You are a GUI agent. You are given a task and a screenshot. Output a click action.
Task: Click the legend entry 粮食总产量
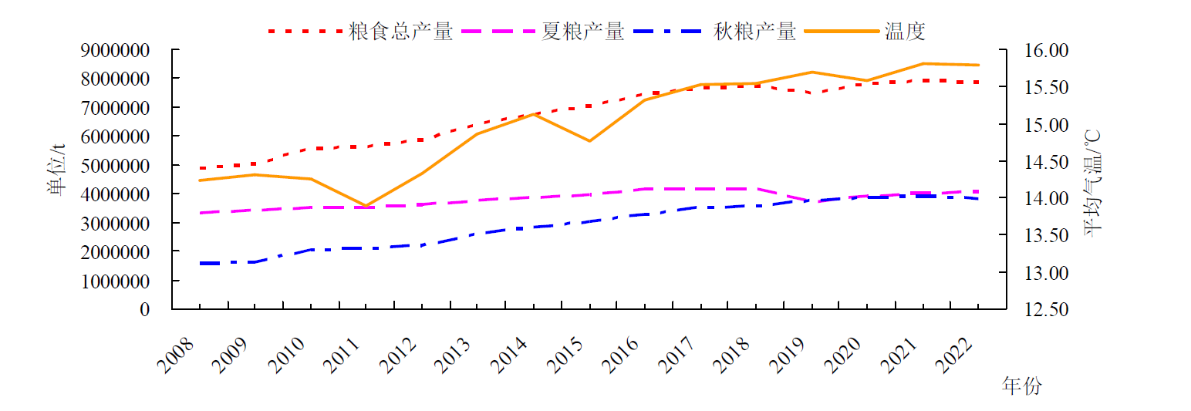click(400, 32)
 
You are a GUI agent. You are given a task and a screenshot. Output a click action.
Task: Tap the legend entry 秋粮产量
click(754, 32)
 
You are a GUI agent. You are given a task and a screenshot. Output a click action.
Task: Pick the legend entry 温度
click(906, 32)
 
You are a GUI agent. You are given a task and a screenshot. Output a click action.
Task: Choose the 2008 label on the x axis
click(175, 355)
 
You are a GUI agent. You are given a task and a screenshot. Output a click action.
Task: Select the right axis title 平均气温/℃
click(1094, 182)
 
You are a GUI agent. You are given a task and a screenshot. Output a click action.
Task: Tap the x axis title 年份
click(1021, 386)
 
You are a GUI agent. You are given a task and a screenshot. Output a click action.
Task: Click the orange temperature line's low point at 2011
click(366, 206)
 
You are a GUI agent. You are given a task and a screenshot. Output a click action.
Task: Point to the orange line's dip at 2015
click(589, 141)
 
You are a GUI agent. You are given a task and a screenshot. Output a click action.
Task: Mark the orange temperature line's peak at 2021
click(923, 63)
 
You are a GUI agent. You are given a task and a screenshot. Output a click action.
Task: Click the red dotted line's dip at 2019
click(811, 93)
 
